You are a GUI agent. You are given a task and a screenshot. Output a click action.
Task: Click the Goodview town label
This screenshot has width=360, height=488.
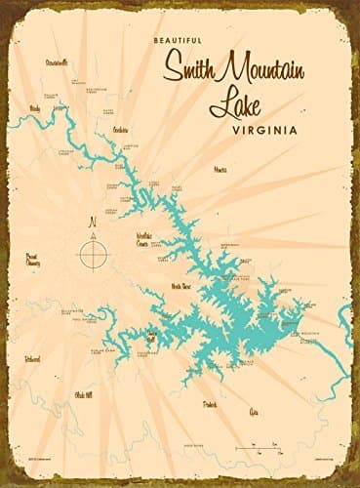click(x=121, y=130)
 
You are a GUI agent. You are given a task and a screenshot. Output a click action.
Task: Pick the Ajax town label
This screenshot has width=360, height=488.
click(x=257, y=411)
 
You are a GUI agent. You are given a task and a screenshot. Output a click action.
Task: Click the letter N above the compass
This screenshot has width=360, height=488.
click(x=93, y=222)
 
